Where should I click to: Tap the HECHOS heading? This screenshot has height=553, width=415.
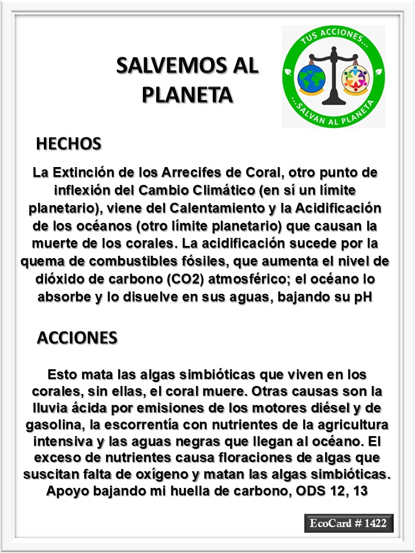(x=69, y=143)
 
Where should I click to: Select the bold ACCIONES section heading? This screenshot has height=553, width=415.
(x=77, y=338)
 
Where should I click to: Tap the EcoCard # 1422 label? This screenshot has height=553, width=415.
(x=349, y=524)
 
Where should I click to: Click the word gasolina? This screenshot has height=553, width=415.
(x=53, y=425)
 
